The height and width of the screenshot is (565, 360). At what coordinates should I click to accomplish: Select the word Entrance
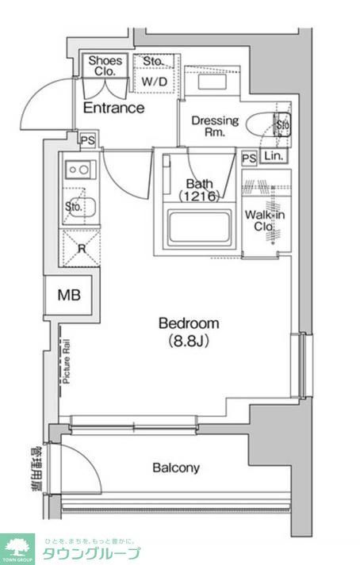113,109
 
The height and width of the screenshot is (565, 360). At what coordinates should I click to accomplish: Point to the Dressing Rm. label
214,127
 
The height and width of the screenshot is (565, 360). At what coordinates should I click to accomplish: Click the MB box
68,296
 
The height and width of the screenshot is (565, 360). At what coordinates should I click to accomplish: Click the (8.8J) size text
189,342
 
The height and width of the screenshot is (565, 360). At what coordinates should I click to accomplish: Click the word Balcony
176,468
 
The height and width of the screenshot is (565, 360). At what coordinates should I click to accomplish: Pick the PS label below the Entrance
86,140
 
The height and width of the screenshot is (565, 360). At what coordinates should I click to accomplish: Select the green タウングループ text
91,553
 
